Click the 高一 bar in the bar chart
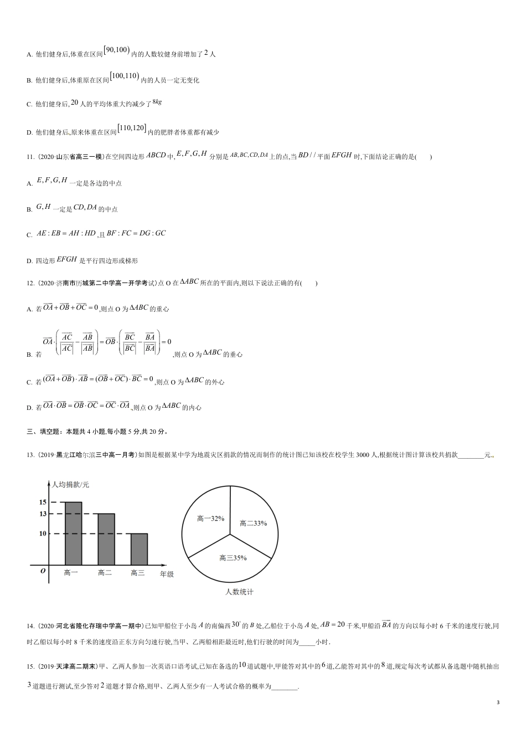[x=73, y=533]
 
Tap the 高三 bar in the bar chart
[x=139, y=549]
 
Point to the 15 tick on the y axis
[x=43, y=502]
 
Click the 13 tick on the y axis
[x=43, y=514]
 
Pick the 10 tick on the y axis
[x=43, y=533]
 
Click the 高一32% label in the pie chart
[x=210, y=519]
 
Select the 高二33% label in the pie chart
[x=253, y=522]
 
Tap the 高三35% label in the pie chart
[x=233, y=558]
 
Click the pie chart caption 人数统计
[x=239, y=592]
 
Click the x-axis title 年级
[x=167, y=574]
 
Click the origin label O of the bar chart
[x=43, y=571]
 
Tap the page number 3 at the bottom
[x=498, y=703]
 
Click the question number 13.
[x=30, y=455]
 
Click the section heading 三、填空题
[x=45, y=432]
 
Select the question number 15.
[x=30, y=666]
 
